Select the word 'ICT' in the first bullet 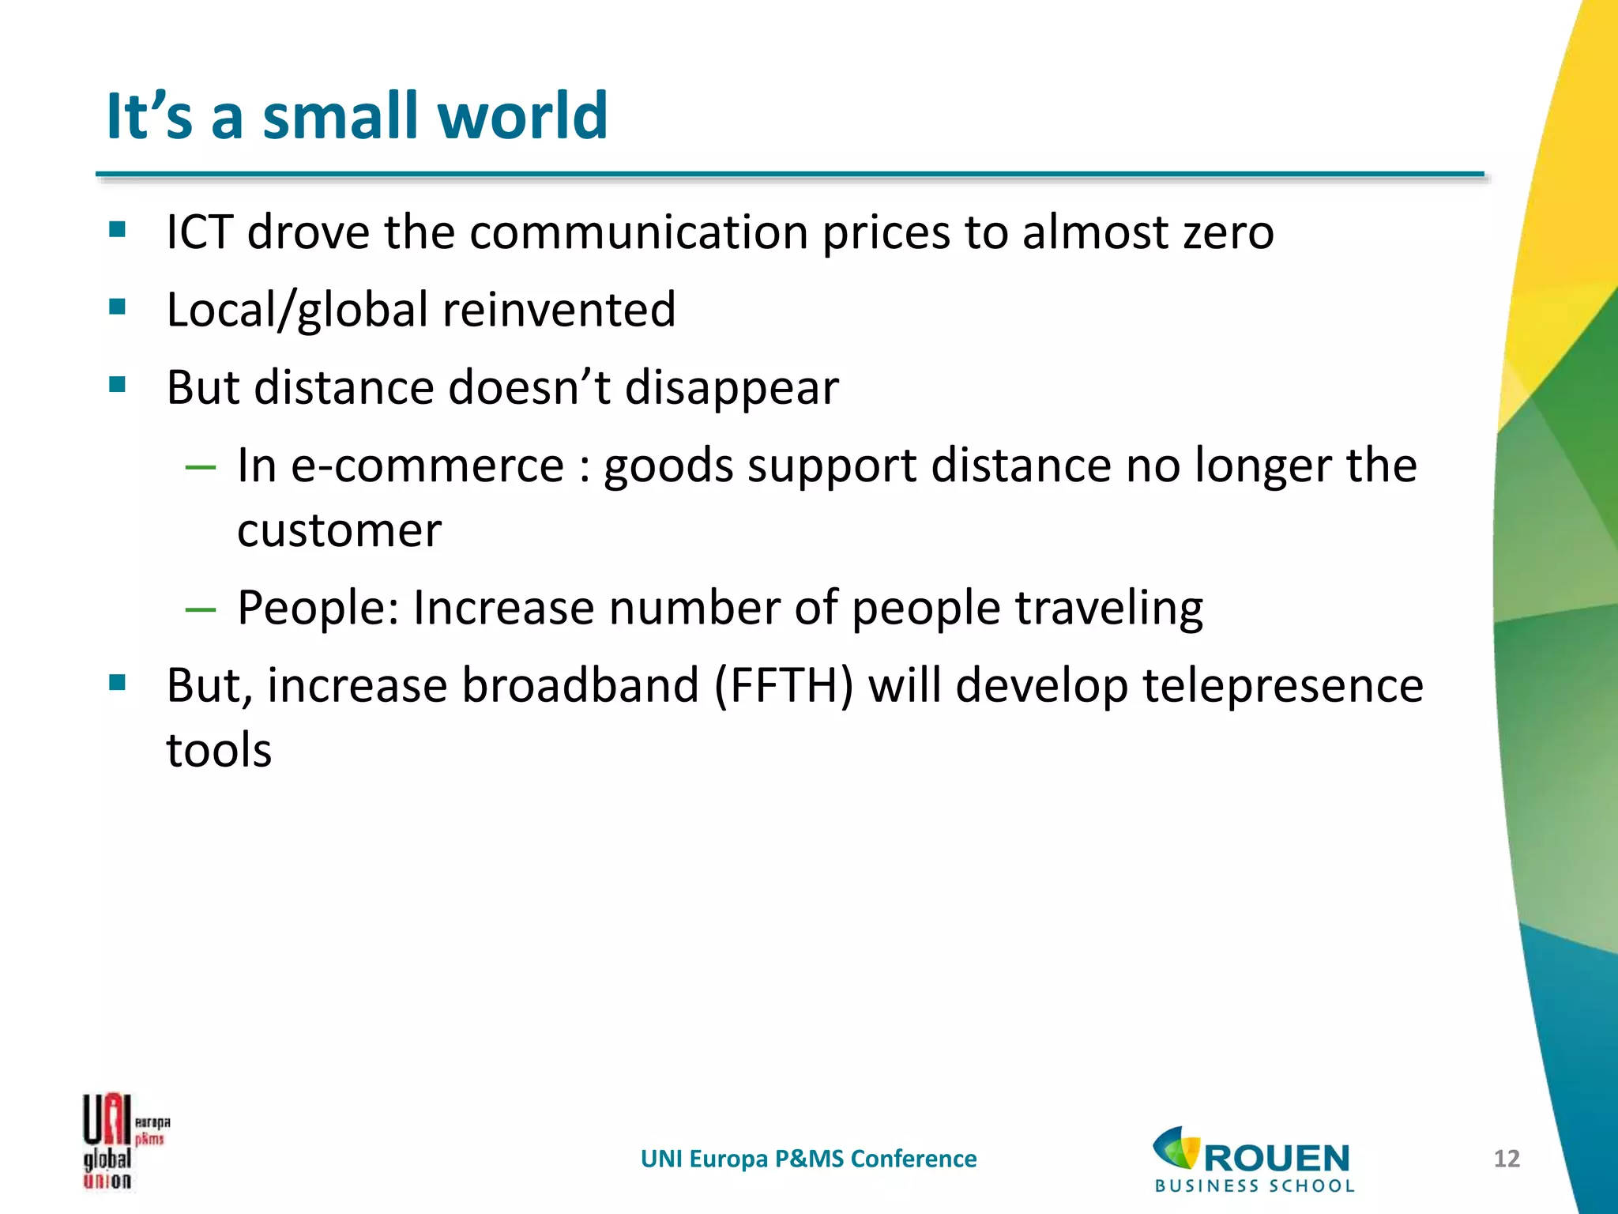coord(200,232)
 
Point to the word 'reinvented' coord(559,310)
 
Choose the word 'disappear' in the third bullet coord(732,388)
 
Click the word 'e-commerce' coord(427,466)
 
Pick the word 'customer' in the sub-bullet coord(339,530)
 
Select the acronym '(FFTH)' coord(783,685)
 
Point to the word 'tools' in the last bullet coord(219,750)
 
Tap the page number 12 coord(1507,1159)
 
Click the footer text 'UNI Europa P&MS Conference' coord(808,1159)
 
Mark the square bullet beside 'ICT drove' coord(118,230)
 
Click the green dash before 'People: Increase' coord(200,609)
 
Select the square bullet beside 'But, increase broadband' coord(118,682)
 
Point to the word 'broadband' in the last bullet coord(580,685)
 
